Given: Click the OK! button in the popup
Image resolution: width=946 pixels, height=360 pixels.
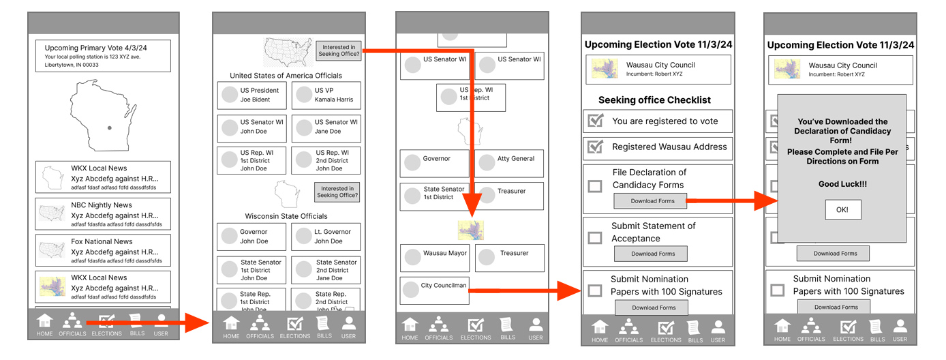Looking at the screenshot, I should click(x=842, y=209).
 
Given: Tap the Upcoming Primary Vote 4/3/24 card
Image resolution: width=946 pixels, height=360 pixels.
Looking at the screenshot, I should click(x=103, y=56).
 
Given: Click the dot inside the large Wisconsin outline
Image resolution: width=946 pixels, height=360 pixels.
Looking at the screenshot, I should click(x=110, y=127).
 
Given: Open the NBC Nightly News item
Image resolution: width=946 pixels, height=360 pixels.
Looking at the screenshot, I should click(x=103, y=214).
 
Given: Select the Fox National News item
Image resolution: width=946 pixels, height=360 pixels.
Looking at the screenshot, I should click(x=103, y=251).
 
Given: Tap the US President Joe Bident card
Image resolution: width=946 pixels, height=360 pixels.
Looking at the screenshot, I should click(x=251, y=95).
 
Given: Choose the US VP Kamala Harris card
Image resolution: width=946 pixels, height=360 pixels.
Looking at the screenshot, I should click(x=326, y=95).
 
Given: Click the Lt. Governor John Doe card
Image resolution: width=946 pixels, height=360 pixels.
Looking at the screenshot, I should click(x=326, y=237).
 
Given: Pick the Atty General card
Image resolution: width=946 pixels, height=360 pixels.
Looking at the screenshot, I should click(x=509, y=163).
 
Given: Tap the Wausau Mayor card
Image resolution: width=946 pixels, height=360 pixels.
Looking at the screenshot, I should click(x=435, y=258).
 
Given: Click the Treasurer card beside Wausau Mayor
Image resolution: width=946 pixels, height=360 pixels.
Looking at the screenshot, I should click(x=509, y=258).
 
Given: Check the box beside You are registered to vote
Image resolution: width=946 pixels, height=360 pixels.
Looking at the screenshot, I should click(x=596, y=121).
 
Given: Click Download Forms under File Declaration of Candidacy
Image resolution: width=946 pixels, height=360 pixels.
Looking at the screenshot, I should click(x=652, y=201).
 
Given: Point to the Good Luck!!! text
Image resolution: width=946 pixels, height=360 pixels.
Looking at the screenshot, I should click(x=842, y=184).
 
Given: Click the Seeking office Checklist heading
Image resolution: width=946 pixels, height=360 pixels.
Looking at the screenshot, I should click(x=654, y=100).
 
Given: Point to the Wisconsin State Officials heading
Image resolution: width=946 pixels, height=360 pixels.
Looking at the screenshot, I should click(x=286, y=216).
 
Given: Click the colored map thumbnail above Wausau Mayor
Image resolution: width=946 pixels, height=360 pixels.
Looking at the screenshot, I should click(x=471, y=230).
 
